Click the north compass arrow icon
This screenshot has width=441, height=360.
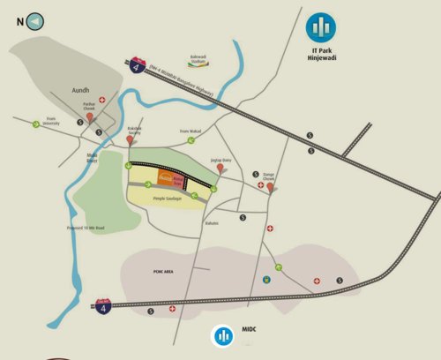[x=35, y=21]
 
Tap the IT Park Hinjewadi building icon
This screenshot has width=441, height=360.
[x=321, y=28]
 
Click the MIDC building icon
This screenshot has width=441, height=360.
[x=223, y=335]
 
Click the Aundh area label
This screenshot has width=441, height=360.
[x=80, y=90]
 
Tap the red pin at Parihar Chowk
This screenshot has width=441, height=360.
[x=89, y=117]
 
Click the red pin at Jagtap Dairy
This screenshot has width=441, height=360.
[x=220, y=168]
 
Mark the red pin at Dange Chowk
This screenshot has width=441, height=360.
[x=270, y=186]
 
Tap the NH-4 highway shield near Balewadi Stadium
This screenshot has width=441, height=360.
[x=137, y=67]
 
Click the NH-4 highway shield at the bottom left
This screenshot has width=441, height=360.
[x=103, y=308]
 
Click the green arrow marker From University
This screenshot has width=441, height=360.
[x=36, y=124]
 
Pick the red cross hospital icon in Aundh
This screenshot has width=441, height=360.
[x=102, y=101]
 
